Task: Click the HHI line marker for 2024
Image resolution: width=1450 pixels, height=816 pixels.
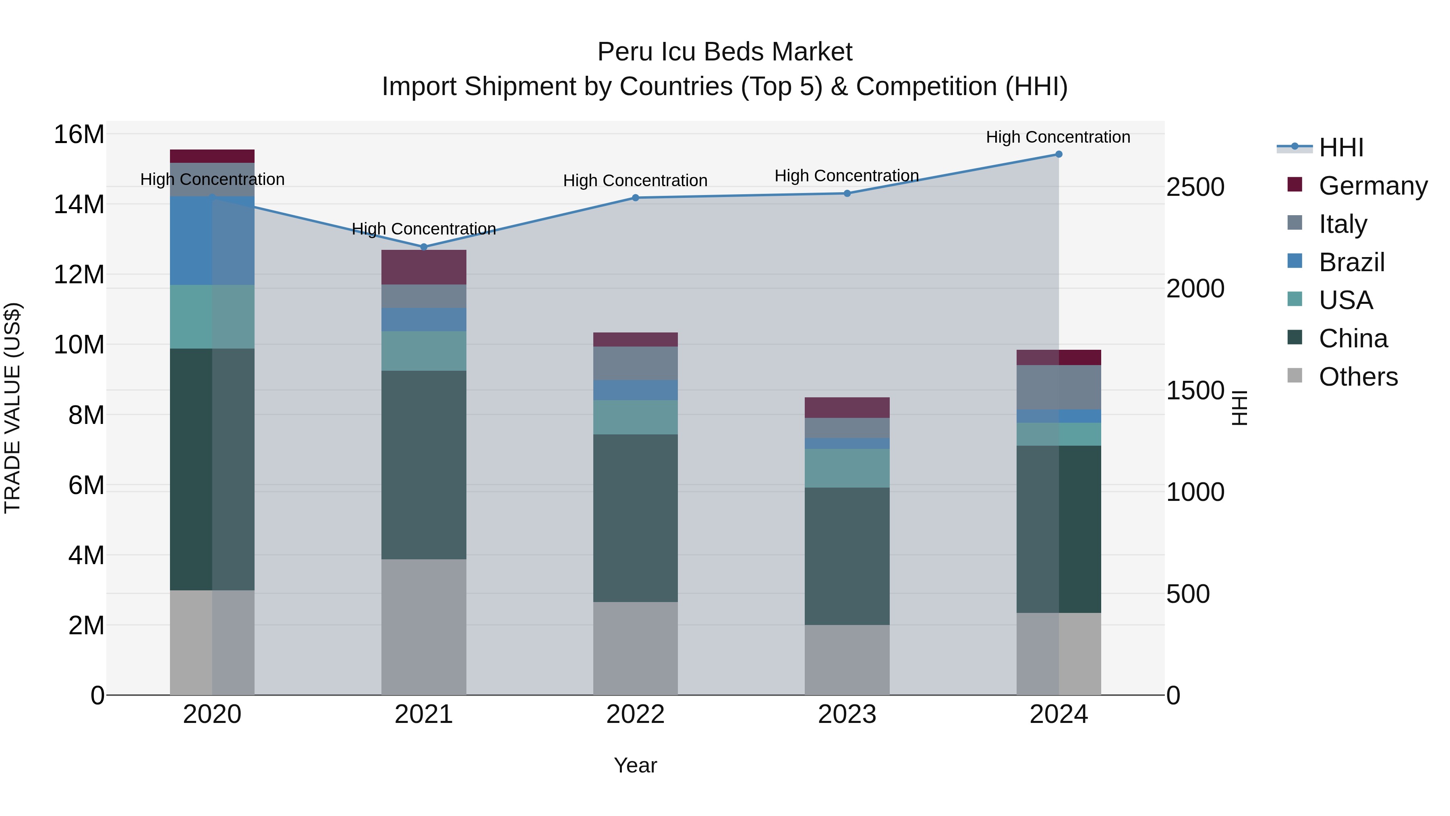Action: click(1058, 154)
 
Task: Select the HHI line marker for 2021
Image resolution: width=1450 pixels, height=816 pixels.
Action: click(424, 247)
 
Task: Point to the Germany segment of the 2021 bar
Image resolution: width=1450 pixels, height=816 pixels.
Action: click(424, 267)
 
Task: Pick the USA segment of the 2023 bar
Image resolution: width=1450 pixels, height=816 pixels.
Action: click(847, 468)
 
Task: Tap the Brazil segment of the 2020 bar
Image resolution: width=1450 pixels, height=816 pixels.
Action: click(212, 241)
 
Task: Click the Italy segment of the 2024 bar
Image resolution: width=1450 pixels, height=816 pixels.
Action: click(1058, 387)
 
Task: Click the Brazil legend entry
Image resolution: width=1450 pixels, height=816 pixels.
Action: click(1351, 262)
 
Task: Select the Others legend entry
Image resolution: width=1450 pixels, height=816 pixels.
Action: click(1358, 377)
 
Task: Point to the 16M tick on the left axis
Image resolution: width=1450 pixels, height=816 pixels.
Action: click(79, 135)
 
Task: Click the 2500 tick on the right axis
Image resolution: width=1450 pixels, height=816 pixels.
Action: click(1195, 187)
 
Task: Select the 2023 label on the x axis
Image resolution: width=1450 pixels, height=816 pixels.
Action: click(847, 714)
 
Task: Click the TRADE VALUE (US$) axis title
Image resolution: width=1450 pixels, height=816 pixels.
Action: click(13, 408)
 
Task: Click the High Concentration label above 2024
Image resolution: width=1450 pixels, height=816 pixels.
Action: click(1058, 137)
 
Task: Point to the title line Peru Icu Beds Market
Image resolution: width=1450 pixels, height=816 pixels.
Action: click(725, 52)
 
